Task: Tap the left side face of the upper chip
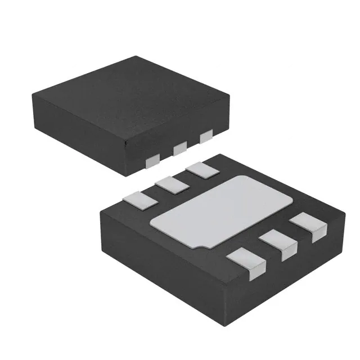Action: pos(79,129)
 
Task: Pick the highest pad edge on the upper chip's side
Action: pos(206,136)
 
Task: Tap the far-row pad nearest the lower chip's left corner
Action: pos(139,198)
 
